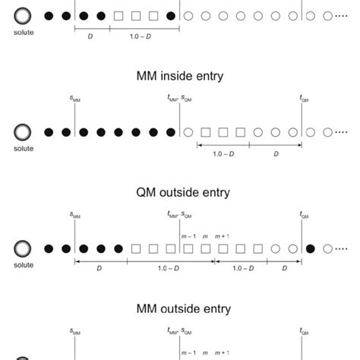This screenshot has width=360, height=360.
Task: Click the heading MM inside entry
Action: (179, 77)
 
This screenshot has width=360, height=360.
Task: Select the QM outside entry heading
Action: (179, 192)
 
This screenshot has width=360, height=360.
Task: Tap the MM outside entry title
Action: (179, 308)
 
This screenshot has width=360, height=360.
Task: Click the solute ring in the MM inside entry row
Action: (24, 132)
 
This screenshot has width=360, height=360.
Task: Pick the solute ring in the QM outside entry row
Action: (24, 248)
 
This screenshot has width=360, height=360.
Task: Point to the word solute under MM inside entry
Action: (24, 148)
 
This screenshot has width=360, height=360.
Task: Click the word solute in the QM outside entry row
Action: (24, 264)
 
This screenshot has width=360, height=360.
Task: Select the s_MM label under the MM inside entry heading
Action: (75, 99)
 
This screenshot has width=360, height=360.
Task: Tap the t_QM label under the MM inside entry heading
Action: (304, 99)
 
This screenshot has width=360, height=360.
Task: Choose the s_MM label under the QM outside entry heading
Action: (75, 216)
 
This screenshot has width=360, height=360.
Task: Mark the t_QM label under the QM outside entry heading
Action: (304, 216)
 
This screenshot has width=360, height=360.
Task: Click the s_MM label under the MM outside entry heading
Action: (75, 331)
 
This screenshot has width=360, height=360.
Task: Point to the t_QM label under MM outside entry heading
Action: (304, 331)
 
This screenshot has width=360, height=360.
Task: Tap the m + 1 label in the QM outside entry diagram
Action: (222, 236)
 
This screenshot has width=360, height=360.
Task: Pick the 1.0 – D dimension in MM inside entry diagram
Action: (223, 153)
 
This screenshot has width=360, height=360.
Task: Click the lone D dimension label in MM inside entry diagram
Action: (276, 153)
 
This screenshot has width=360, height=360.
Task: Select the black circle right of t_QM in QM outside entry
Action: (310, 248)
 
